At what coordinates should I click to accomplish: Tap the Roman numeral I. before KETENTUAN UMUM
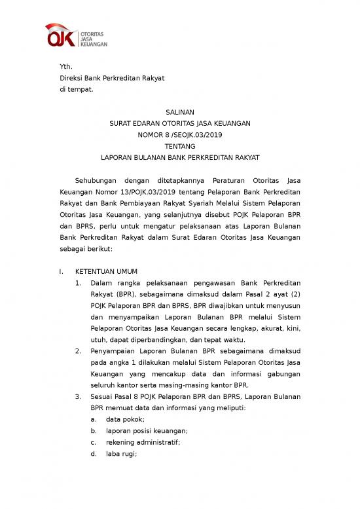pos(61,271)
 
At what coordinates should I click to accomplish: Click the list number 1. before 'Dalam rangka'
pos(78,282)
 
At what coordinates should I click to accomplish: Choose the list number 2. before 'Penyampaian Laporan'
pos(78,350)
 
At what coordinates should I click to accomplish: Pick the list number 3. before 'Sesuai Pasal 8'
pos(78,396)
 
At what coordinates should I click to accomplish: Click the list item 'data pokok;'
pos(125,419)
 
